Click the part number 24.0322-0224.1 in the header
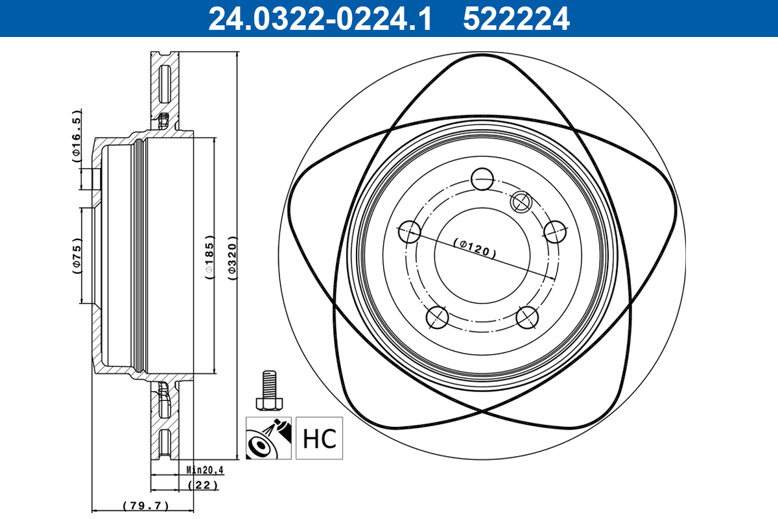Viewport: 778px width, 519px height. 320,19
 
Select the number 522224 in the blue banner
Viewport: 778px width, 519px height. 516,19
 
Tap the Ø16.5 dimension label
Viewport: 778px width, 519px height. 76,136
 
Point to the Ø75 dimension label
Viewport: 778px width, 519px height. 77,256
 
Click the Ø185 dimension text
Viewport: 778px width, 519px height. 209,258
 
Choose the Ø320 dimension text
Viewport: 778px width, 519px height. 232,258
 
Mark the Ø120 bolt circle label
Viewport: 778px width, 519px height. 475,248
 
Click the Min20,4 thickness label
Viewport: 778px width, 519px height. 205,470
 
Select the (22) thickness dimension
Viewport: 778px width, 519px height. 203,485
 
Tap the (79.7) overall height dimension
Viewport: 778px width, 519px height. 146,505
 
